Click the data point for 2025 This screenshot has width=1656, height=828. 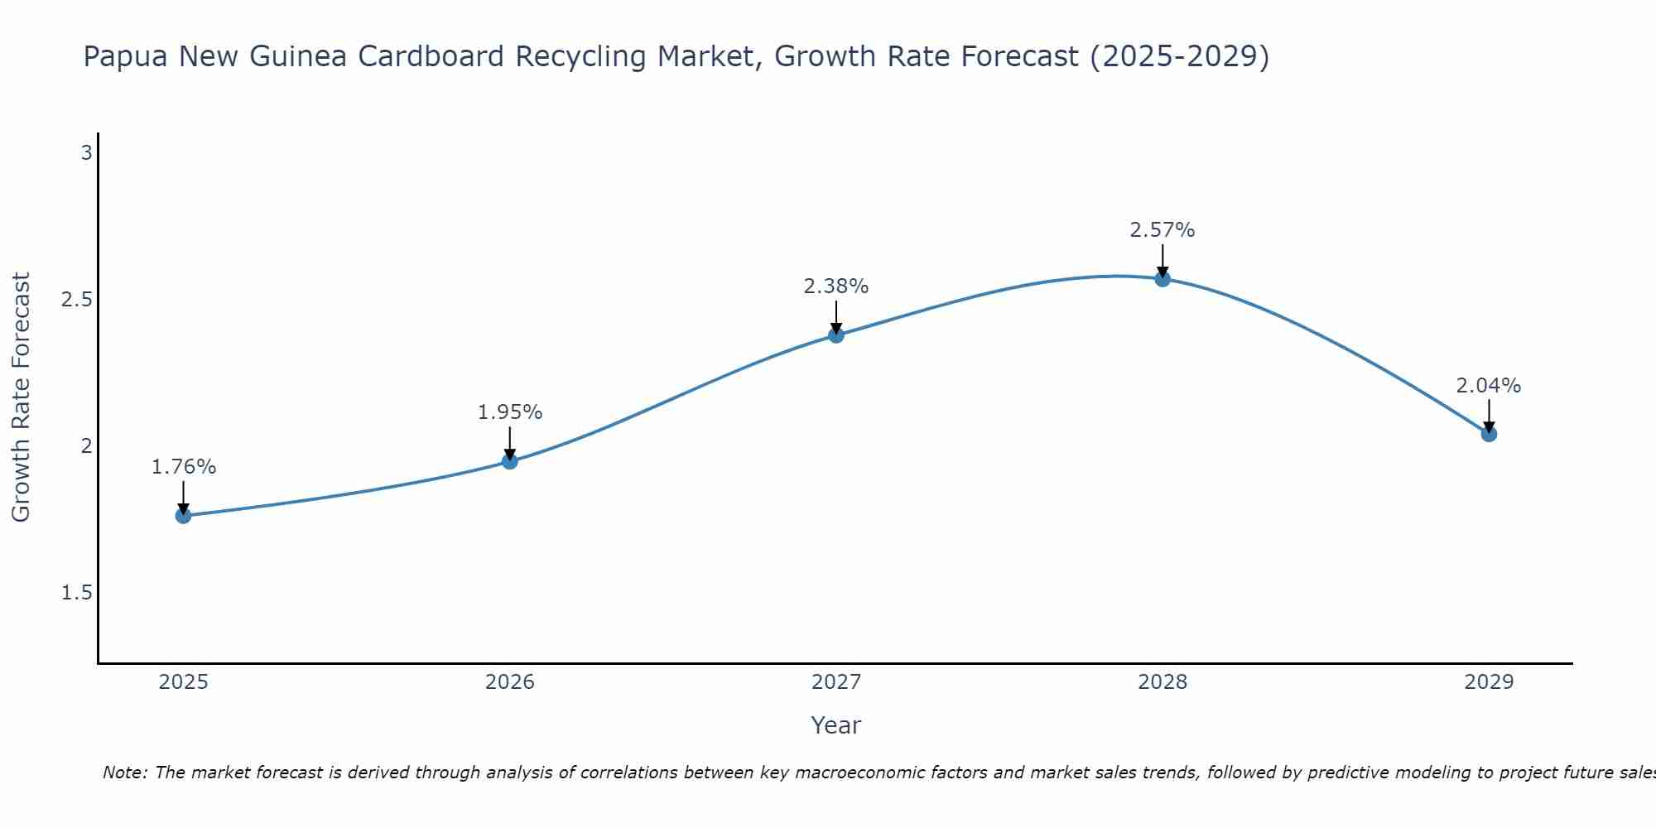[x=183, y=516]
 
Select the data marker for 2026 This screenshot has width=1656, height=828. [x=510, y=461]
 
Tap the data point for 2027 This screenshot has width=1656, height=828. [x=836, y=335]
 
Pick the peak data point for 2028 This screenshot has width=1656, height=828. [x=1163, y=279]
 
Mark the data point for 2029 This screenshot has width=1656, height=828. [x=1489, y=434]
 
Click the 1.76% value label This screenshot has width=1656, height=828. [x=183, y=467]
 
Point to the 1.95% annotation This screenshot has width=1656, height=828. [x=510, y=412]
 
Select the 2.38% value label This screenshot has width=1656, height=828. [x=836, y=286]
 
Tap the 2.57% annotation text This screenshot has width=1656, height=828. [x=1163, y=230]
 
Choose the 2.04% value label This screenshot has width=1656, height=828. [x=1489, y=386]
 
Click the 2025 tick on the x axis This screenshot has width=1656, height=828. [x=183, y=682]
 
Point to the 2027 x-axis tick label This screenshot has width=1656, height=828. [x=836, y=682]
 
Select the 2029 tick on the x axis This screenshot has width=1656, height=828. [x=1489, y=682]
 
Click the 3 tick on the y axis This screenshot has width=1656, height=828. [x=86, y=153]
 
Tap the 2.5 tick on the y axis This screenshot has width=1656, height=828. [x=77, y=300]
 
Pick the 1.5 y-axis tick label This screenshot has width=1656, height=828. [x=77, y=593]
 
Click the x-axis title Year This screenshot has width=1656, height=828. [x=836, y=725]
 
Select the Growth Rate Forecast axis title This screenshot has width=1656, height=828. [x=21, y=397]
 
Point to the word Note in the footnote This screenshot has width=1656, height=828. [x=124, y=773]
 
